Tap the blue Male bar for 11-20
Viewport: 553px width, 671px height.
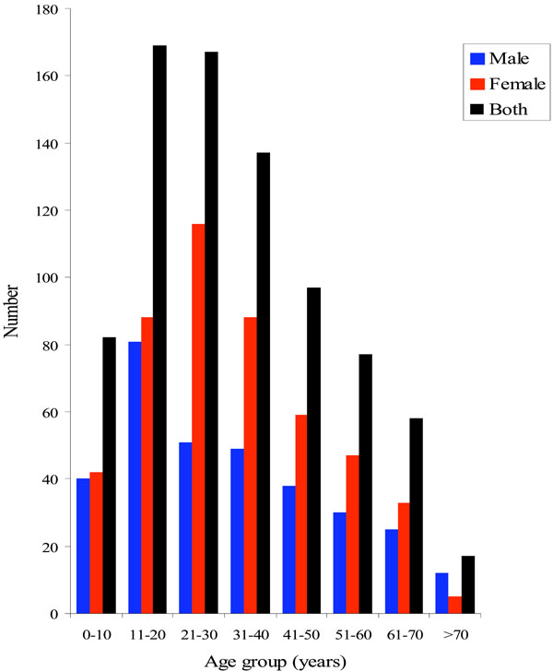pyautogui.click(x=135, y=477)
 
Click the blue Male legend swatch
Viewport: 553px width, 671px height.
pyautogui.click(x=477, y=58)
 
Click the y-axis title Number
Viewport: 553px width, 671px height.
pyautogui.click(x=12, y=312)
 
